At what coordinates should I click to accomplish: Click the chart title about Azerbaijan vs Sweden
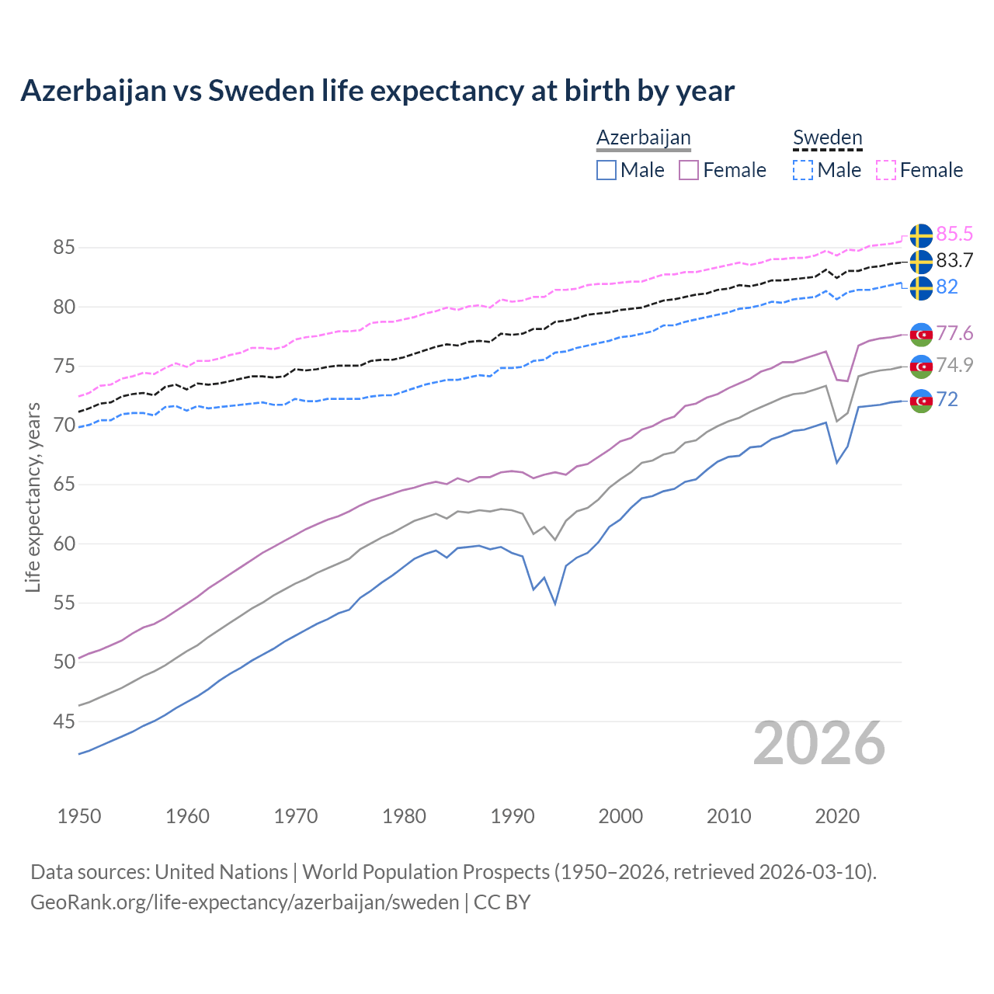[x=377, y=91]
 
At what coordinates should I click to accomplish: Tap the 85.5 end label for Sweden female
[x=954, y=234]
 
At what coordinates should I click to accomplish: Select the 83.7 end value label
[x=954, y=260]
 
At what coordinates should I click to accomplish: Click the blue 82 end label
[x=947, y=287]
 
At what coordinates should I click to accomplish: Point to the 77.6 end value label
[x=954, y=333]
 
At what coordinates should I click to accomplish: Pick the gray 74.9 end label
[x=954, y=365]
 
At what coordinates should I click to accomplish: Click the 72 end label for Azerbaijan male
[x=947, y=399]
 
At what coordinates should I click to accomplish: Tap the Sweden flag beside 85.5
[x=921, y=235]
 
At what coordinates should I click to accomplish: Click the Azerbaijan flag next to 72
[x=921, y=400]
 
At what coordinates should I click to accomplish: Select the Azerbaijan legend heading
[x=643, y=137]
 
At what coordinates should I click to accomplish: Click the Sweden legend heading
[x=827, y=137]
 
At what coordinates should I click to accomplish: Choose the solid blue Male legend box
[x=606, y=170]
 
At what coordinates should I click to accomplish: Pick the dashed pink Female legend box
[x=886, y=170]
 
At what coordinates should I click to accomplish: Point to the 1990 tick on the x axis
[x=513, y=816]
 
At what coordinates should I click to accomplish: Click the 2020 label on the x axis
[x=837, y=816]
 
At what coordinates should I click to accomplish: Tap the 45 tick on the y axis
[x=64, y=721]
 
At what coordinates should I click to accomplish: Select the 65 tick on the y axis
[x=64, y=485]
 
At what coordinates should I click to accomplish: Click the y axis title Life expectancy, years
[x=33, y=497]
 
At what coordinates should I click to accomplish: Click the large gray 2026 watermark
[x=819, y=743]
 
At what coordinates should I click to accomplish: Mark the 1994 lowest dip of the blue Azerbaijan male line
[x=555, y=603]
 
